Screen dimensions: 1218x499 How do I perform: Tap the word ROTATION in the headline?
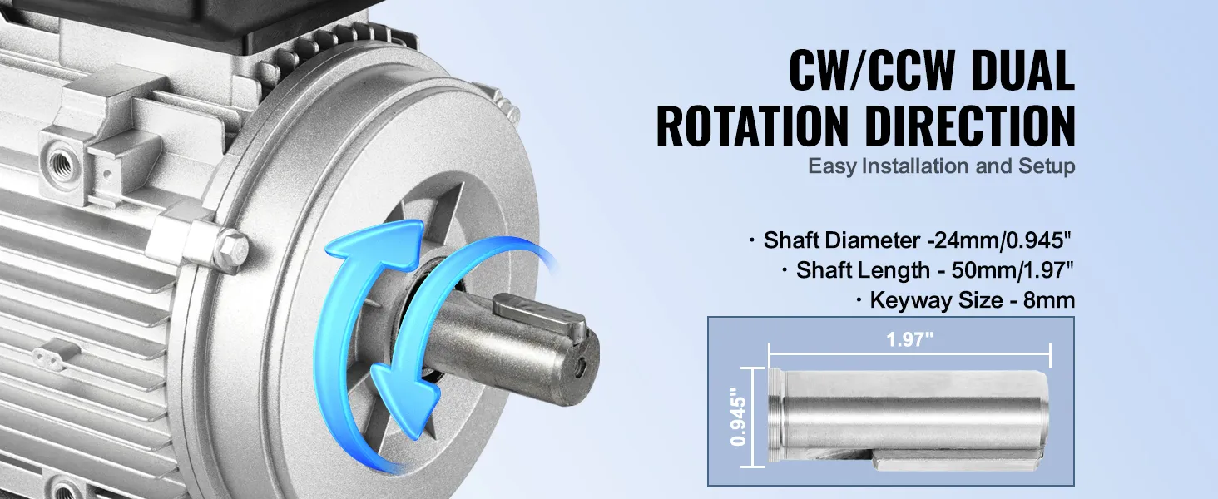coord(752,126)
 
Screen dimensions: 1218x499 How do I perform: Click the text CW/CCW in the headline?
coord(872,72)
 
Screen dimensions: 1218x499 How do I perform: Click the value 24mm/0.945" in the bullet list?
coord(999,240)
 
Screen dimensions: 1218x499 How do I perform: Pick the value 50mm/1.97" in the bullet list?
coord(1013,270)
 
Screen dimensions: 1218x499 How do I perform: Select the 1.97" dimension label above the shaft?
coord(909,339)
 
